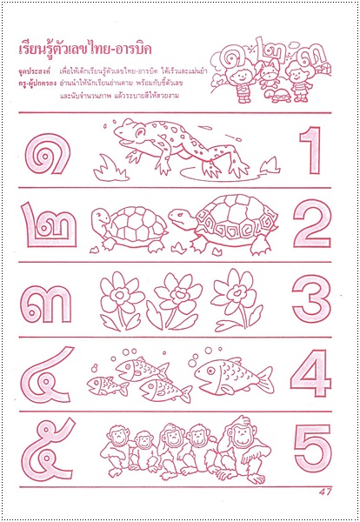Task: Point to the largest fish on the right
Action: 228,373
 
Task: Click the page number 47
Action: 326,493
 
